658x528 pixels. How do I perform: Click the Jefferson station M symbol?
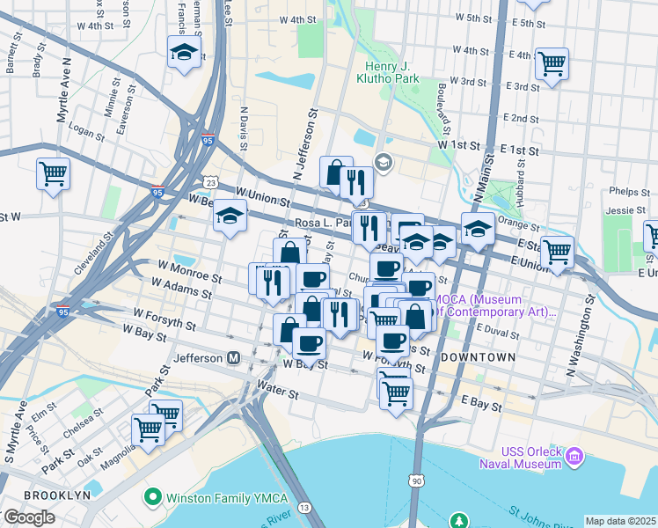coord(234,358)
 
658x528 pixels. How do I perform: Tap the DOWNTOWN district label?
coord(478,357)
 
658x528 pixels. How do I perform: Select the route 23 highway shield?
coord(210,182)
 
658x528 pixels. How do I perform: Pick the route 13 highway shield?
coord(304,508)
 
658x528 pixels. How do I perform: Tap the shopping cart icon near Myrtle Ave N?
coord(53,172)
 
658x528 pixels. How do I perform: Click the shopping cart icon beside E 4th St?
coord(552,62)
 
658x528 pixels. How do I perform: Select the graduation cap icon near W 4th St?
coord(185,52)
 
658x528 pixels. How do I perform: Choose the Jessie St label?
coord(625,210)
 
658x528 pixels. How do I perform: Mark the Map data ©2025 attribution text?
coord(620,521)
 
